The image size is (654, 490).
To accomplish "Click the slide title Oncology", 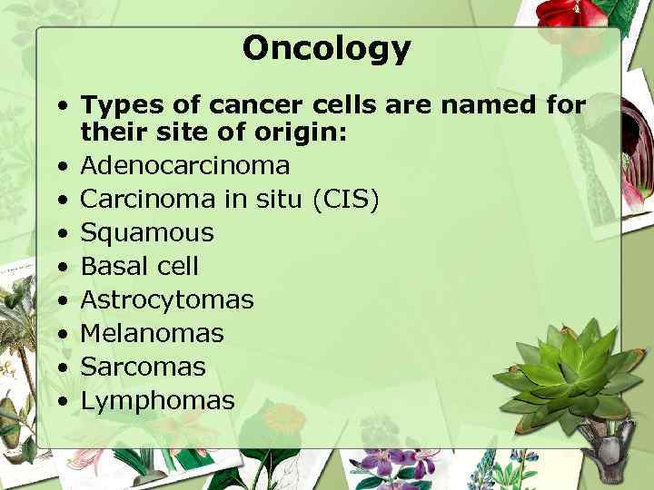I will [x=326, y=47].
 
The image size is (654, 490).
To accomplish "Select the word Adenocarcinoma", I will [x=185, y=166].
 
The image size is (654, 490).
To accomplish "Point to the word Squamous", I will [x=147, y=233].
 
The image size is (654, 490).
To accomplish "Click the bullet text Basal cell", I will [x=139, y=266].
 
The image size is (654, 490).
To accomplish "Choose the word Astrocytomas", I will [x=167, y=299].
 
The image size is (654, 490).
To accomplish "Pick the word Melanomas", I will [x=152, y=333].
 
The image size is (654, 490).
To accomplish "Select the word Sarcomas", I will [x=144, y=367].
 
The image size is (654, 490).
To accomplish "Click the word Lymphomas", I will [x=157, y=400].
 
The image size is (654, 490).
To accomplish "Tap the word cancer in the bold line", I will [x=254, y=105].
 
